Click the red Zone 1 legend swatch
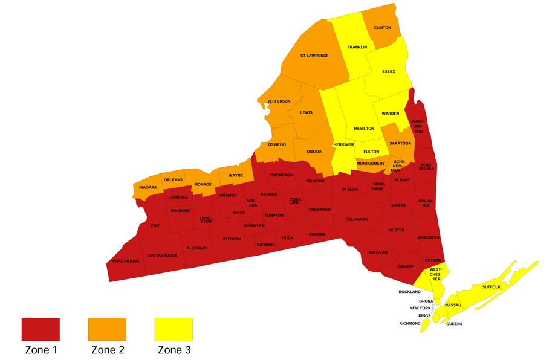click(41, 329)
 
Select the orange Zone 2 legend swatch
click(107, 329)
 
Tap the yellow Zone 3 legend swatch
click(174, 329)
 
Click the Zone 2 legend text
click(107, 349)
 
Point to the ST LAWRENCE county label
click(314, 56)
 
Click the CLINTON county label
click(382, 28)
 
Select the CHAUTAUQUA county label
click(126, 261)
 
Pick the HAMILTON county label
click(363, 129)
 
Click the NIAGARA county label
click(148, 188)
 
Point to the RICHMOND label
click(410, 323)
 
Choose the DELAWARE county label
click(357, 219)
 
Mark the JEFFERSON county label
click(279, 101)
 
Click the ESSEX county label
click(389, 71)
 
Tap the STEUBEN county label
click(232, 239)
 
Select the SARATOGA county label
click(400, 143)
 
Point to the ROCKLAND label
click(409, 292)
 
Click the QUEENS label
click(454, 324)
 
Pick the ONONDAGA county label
click(281, 175)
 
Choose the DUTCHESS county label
click(428, 237)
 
